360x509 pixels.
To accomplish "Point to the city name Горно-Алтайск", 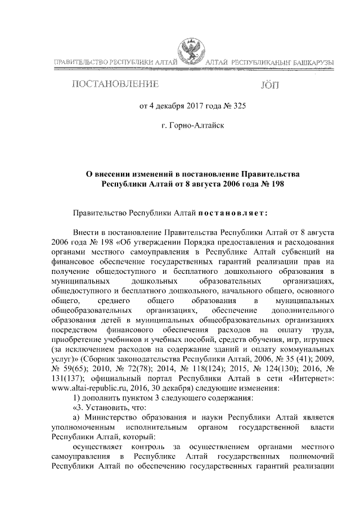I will point(196,125).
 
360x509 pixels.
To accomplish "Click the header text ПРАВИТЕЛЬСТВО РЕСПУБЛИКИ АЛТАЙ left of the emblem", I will point(115,61).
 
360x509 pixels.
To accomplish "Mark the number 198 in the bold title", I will point(280,184).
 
